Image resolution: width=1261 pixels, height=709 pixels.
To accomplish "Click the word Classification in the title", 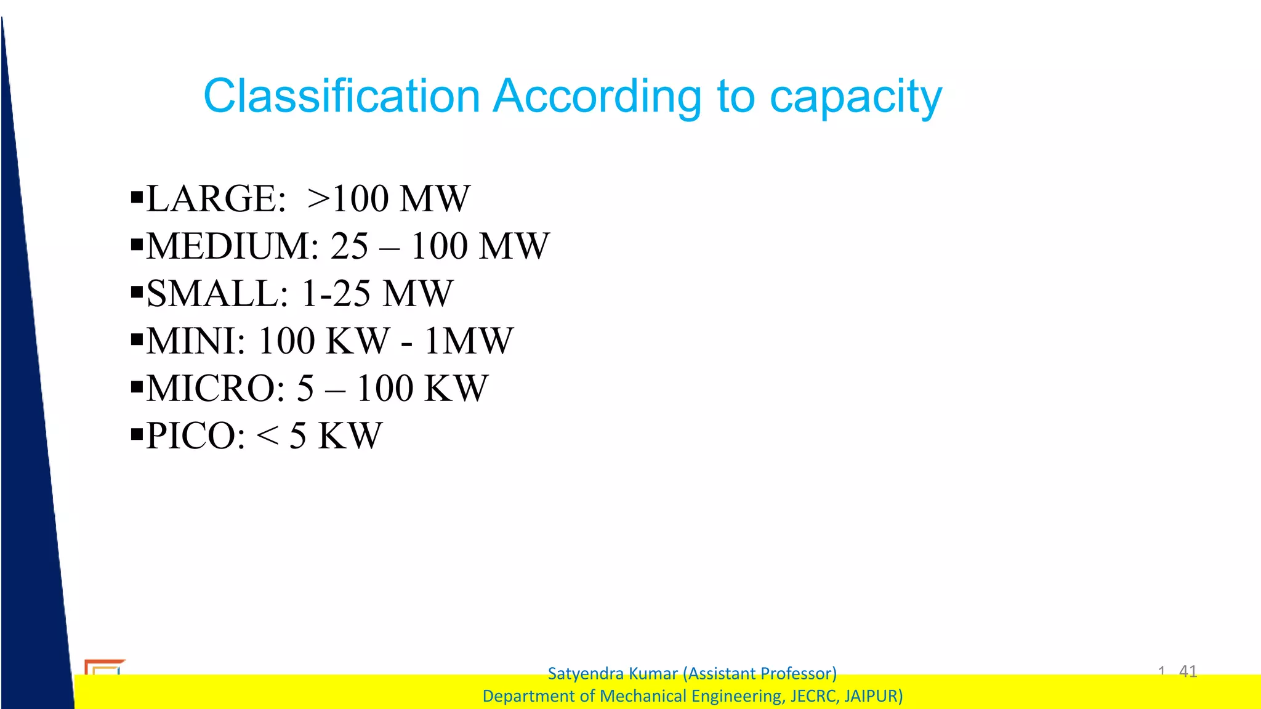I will (342, 97).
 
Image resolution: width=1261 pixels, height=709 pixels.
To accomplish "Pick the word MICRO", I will (210, 389).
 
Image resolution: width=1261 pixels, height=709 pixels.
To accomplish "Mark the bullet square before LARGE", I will (137, 198).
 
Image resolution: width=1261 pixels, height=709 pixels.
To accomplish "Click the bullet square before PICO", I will (137, 435).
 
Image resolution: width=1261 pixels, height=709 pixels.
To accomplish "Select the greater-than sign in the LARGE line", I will (319, 199).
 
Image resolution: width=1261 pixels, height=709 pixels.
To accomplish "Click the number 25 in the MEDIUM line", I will (349, 246).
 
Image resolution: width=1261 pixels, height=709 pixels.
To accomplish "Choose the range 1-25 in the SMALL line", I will (336, 294).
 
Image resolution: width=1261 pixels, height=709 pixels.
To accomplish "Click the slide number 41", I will (1188, 671).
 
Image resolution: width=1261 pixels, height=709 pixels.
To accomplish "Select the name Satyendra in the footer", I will (582, 673).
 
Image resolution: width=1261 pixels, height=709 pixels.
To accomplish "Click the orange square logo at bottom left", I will (103, 668).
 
